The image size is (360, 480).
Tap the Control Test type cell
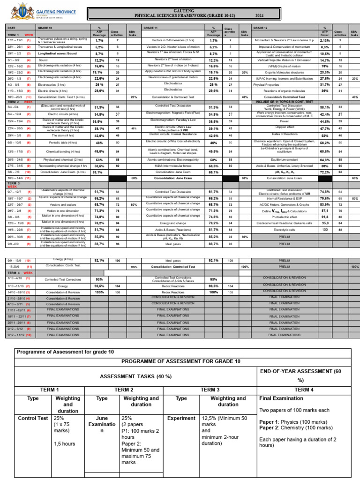click(x=33, y=418)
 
